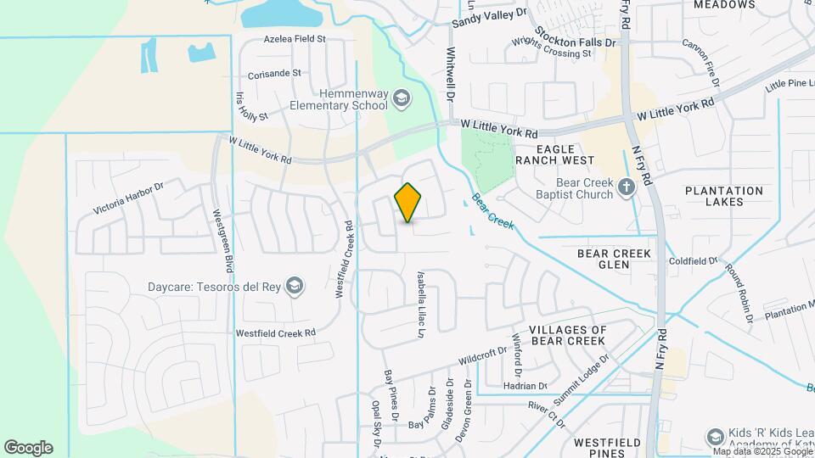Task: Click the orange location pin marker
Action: (x=408, y=203)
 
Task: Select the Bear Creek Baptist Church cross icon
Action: (x=627, y=187)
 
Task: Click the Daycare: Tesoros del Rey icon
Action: (x=295, y=284)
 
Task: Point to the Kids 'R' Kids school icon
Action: (x=715, y=437)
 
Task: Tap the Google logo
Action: (x=28, y=448)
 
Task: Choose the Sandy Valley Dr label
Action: (x=489, y=18)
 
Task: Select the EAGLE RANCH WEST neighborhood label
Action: (x=565, y=154)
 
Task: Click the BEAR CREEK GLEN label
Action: (x=614, y=259)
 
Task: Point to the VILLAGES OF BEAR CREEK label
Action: (x=567, y=335)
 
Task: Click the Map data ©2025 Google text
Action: (x=762, y=451)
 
